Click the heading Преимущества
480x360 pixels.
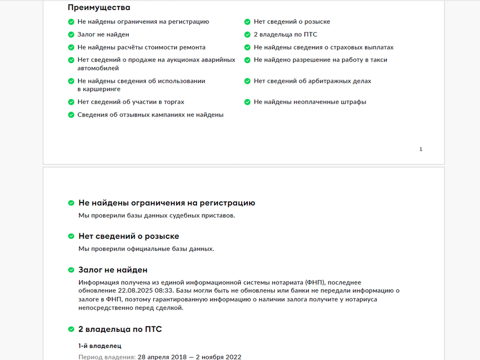click(98, 7)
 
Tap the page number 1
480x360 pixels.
click(420, 149)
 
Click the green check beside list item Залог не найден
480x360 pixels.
click(71, 34)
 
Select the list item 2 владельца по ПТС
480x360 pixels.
click(285, 34)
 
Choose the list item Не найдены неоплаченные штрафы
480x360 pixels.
click(309, 102)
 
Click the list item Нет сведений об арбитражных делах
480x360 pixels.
click(312, 81)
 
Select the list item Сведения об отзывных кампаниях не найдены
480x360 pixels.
click(150, 114)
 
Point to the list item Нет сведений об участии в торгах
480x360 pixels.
click(130, 102)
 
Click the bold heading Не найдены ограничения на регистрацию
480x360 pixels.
click(166, 203)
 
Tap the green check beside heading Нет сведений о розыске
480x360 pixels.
click(71, 236)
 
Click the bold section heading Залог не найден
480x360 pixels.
click(112, 270)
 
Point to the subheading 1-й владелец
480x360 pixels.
click(99, 345)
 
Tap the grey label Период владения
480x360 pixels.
click(106, 357)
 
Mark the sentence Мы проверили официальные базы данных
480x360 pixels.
click(146, 249)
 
